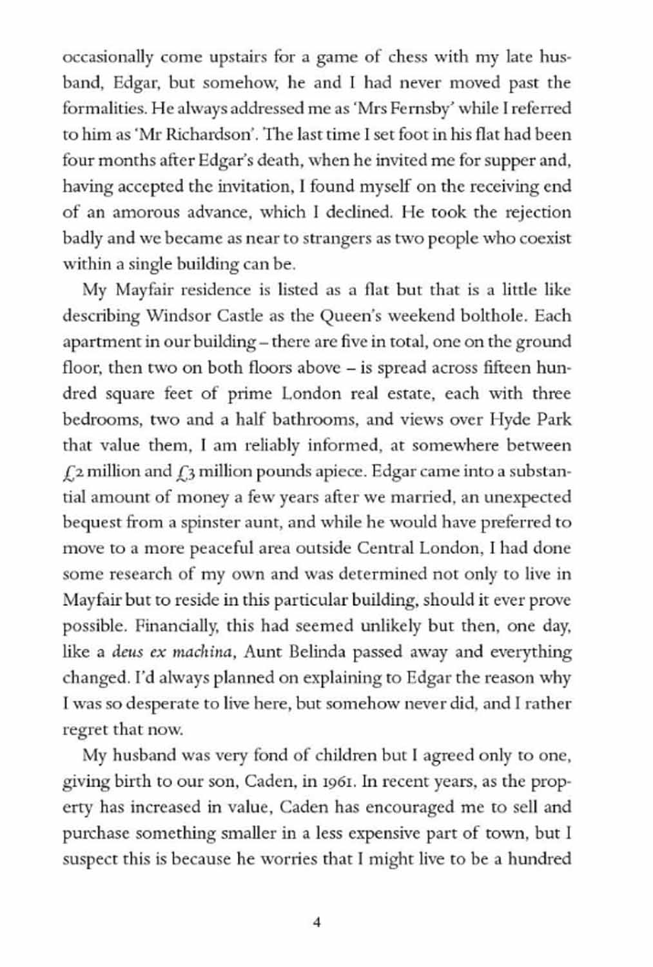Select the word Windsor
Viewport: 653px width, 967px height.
[x=173, y=316]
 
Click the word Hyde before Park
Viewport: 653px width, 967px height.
[x=511, y=420]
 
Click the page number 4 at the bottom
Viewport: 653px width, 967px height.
[x=317, y=923]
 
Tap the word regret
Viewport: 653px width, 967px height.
[x=85, y=730]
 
